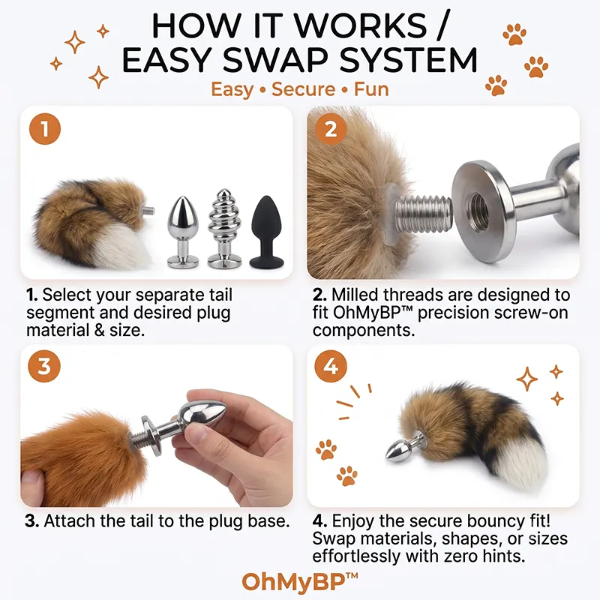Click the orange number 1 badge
tap(45, 129)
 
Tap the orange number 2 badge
tap(331, 129)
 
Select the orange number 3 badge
tap(44, 366)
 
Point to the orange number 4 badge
tap(331, 366)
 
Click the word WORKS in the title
tap(360, 25)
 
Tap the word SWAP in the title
tap(274, 60)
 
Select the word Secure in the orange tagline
tap(304, 89)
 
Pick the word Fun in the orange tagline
tap(371, 89)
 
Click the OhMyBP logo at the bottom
tap(300, 582)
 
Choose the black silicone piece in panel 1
tap(267, 232)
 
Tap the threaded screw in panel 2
tap(423, 214)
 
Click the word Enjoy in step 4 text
tap(353, 521)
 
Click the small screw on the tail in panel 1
tap(148, 210)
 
